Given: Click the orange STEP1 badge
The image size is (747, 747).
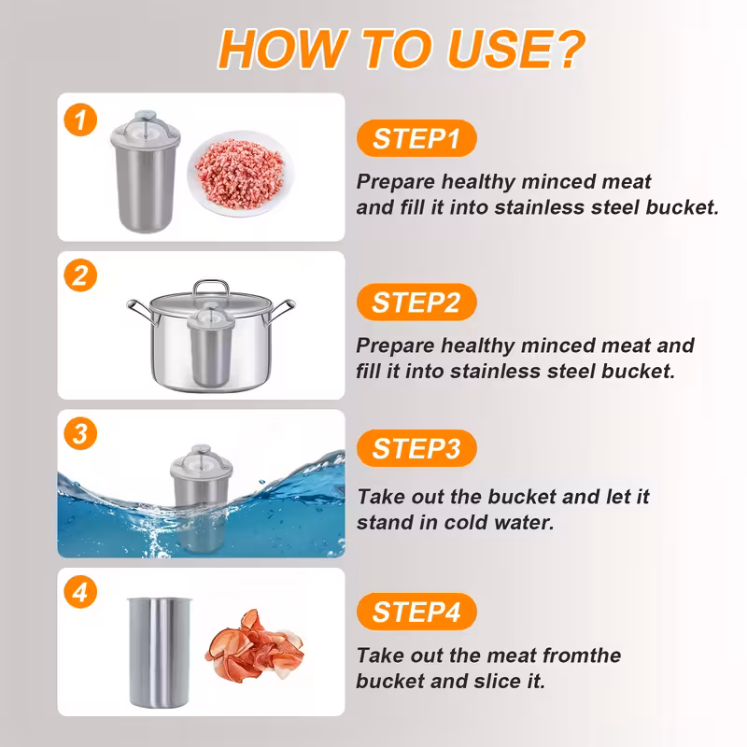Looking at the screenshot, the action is [x=416, y=138].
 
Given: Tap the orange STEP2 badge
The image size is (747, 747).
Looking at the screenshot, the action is [x=416, y=302].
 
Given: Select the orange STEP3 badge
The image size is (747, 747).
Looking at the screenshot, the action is [x=416, y=448].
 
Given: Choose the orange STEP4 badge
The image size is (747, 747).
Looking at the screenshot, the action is [x=416, y=612].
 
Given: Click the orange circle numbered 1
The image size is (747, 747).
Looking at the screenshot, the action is [x=80, y=120].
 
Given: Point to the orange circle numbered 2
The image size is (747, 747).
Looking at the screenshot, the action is [x=80, y=275].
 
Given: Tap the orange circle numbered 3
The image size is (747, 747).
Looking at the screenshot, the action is [x=80, y=433].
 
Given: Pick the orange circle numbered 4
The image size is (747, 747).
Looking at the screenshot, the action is [x=80, y=592].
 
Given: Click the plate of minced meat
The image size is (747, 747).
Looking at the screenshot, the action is [x=240, y=173].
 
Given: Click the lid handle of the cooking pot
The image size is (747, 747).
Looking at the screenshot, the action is [x=211, y=288].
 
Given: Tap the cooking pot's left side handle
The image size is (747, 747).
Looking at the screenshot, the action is [x=139, y=311].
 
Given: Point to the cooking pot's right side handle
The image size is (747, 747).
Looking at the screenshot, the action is [x=282, y=311].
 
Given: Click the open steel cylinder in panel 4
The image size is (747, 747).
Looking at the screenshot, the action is [x=159, y=652].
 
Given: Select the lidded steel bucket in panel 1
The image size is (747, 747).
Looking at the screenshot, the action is [x=146, y=172].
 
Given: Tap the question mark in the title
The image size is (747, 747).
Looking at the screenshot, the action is [x=570, y=49].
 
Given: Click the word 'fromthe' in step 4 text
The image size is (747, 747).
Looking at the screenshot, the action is [x=582, y=655].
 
